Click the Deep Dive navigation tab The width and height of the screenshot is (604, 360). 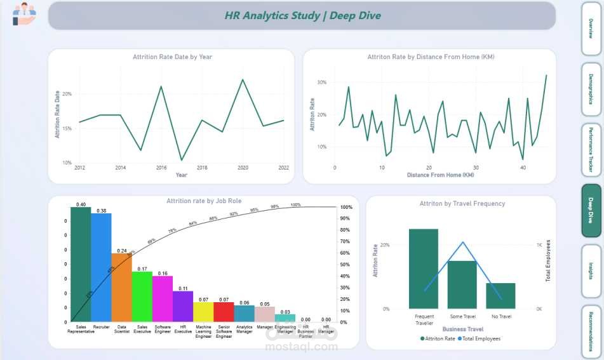pyautogui.click(x=591, y=211)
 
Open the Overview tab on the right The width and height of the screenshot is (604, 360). pyautogui.click(x=591, y=29)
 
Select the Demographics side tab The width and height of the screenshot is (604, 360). pyautogui.click(x=591, y=89)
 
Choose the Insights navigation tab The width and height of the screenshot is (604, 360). pyautogui.click(x=591, y=270)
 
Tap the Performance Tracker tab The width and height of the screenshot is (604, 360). pyautogui.click(x=591, y=150)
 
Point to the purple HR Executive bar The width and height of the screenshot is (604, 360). pyautogui.click(x=183, y=306)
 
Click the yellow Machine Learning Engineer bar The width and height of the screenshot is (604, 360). pyautogui.click(x=203, y=312)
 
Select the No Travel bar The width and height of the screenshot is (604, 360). pyautogui.click(x=500, y=296)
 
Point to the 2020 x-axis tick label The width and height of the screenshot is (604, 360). pyautogui.click(x=243, y=168)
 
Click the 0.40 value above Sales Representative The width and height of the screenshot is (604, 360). pyautogui.click(x=81, y=204)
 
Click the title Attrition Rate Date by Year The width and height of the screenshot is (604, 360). pyautogui.click(x=172, y=57)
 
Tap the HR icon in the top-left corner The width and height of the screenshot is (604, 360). pyautogui.click(x=24, y=14)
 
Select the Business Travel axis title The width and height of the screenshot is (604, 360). pyautogui.click(x=463, y=330)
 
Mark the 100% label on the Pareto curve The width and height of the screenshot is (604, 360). pyautogui.click(x=295, y=205)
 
